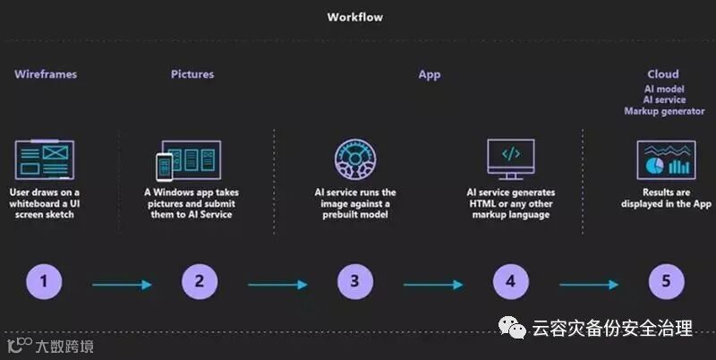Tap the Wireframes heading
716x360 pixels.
point(46,74)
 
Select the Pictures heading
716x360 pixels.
point(192,74)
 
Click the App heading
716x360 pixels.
point(430,74)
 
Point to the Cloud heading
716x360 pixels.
point(663,74)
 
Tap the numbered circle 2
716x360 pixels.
point(200,282)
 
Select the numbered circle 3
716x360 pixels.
point(355,282)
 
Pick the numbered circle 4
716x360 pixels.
point(510,282)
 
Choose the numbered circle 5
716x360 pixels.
point(666,282)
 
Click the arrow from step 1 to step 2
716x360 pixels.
point(122,285)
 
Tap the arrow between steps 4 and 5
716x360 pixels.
point(588,285)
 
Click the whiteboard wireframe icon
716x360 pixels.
point(45,161)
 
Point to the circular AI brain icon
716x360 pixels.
point(355,160)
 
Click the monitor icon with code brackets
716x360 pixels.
point(510,159)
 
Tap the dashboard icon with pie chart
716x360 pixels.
point(666,161)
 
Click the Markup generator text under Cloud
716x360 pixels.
point(663,111)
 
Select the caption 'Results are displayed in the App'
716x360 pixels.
point(666,198)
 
